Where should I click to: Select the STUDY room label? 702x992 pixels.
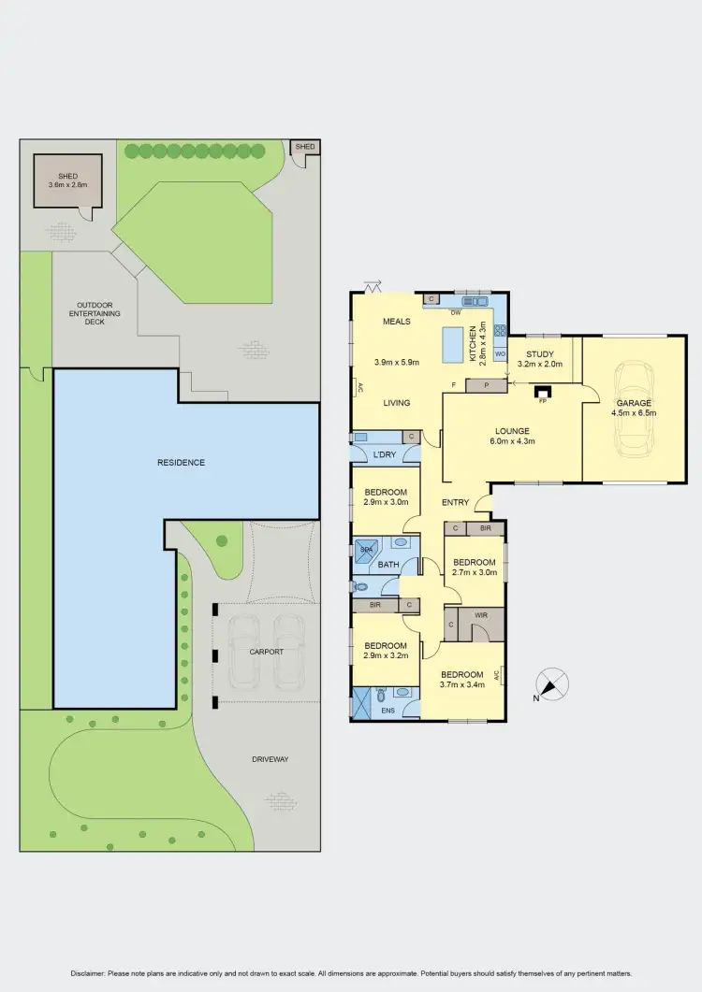coord(540,354)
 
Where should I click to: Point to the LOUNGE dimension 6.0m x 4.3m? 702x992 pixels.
coord(512,442)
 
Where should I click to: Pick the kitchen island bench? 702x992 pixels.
coord(456,343)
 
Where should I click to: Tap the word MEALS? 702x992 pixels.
coord(397,323)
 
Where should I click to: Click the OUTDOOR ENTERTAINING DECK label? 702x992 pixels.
coord(94,312)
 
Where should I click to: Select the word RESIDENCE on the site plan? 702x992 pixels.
coord(181,462)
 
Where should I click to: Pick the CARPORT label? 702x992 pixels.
coord(266,652)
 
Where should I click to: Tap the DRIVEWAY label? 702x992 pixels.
coord(270,759)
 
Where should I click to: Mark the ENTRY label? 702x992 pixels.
coord(456,503)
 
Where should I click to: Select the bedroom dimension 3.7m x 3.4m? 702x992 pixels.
coord(462,686)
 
